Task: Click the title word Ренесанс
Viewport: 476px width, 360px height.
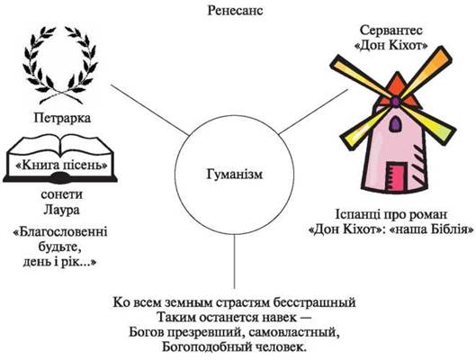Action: [x=235, y=11]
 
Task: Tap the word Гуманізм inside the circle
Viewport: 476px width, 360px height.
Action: [x=235, y=175]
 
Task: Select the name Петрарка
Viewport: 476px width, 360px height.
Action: [x=62, y=118]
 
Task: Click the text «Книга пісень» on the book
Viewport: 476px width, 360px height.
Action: [x=62, y=165]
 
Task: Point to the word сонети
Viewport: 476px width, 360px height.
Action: [x=61, y=194]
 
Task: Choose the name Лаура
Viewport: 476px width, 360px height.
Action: [x=61, y=210]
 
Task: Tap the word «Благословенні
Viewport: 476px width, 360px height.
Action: [x=60, y=232]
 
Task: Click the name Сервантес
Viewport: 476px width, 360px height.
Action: [x=391, y=31]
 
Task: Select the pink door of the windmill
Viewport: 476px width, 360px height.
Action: [x=396, y=176]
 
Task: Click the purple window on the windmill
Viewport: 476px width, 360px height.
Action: [x=394, y=123]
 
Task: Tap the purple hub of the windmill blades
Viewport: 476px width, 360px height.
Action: [x=396, y=101]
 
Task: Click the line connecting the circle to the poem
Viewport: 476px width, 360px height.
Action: [x=234, y=261]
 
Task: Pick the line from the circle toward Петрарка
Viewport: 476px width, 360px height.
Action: [x=149, y=110]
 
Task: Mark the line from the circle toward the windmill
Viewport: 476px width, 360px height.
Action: [x=313, y=112]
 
